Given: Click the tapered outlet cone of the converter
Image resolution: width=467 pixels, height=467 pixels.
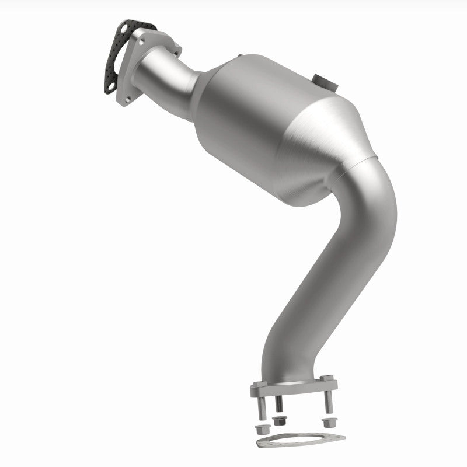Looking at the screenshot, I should click(x=327, y=152).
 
